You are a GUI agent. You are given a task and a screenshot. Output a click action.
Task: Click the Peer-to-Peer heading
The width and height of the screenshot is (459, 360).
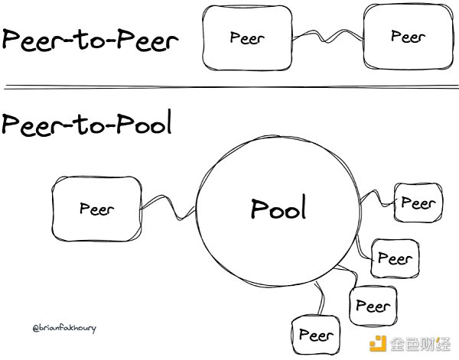[90, 40]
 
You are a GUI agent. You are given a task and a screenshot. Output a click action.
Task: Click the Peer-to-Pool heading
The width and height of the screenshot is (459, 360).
[86, 124]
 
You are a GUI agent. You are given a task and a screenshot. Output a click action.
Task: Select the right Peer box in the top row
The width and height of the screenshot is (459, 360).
[408, 36]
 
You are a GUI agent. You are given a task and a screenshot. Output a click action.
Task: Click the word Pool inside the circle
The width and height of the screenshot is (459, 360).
[278, 208]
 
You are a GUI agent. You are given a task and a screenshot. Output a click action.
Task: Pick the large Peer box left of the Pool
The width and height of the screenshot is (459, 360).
[96, 208]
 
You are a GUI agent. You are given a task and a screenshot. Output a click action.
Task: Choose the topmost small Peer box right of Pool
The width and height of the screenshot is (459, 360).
[417, 203]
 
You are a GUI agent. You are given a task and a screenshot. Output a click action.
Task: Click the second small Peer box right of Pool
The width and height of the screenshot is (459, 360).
[394, 258]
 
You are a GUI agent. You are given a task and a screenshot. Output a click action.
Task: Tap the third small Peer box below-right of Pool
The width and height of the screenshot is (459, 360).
[373, 306]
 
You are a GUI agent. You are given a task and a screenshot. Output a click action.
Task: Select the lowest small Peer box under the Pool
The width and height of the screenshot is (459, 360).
[315, 335]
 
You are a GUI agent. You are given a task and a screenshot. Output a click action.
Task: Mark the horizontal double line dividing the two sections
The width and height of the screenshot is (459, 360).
[229, 86]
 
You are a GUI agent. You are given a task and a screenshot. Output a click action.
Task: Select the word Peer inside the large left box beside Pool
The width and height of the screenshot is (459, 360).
[96, 208]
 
